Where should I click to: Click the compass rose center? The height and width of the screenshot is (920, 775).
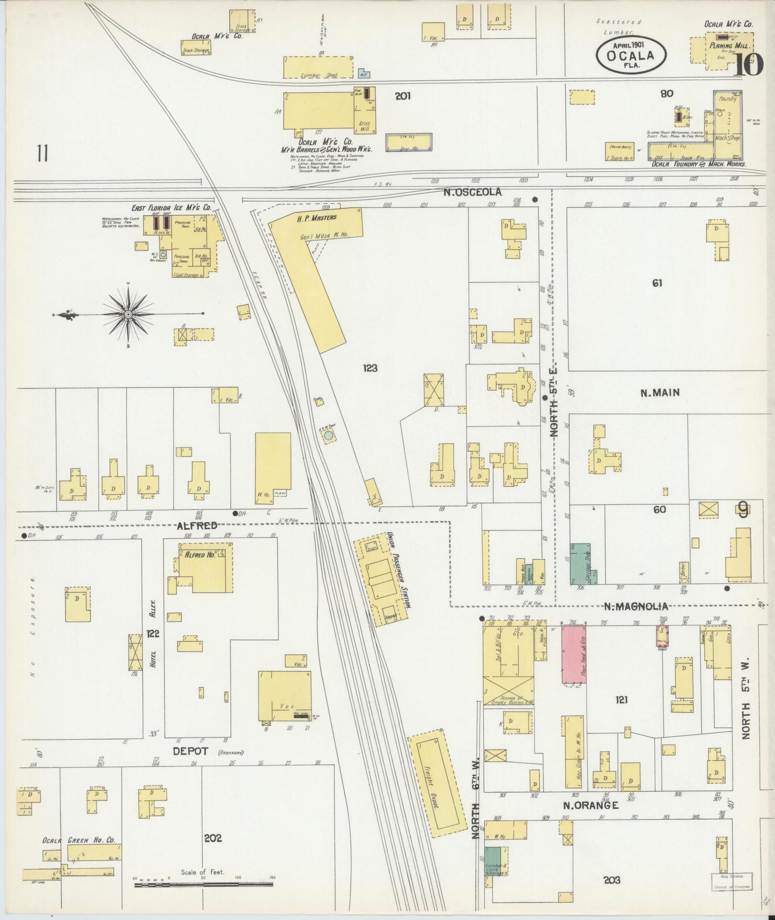point(129,314)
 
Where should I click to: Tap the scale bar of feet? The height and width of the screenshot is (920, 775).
point(204,883)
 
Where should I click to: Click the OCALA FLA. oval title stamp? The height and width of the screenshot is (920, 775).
point(631,54)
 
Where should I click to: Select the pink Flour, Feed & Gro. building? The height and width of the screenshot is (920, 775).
point(573,654)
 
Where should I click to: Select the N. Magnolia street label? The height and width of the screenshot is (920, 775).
point(636,607)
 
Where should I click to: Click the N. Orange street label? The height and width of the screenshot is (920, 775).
point(591,805)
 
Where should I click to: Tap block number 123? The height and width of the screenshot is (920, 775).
point(370,368)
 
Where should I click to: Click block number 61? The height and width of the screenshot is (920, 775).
point(658,283)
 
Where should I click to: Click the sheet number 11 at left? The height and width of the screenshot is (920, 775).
point(42,153)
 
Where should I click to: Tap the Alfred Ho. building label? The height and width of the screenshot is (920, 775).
point(200,556)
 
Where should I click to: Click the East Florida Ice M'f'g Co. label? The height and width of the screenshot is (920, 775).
point(172,207)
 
